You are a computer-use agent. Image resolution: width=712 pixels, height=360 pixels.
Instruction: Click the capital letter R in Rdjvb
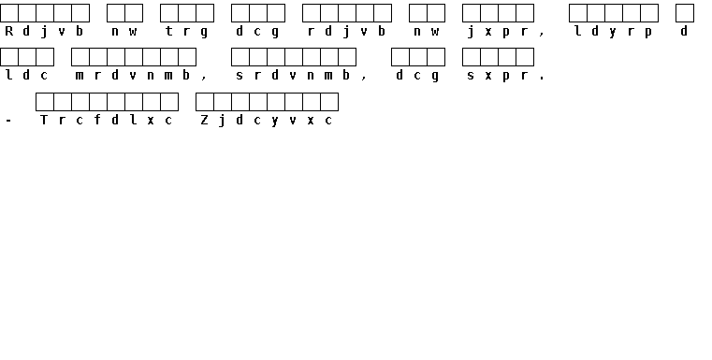(8, 31)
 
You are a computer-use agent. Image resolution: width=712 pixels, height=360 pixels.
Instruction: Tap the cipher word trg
(186, 31)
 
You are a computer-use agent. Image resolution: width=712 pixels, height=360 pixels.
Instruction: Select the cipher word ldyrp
(613, 31)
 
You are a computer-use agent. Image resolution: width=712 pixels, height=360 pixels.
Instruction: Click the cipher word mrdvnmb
(133, 75)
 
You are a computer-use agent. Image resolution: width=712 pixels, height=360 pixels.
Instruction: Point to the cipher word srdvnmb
(293, 75)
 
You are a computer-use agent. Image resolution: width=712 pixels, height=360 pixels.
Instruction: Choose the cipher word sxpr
(498, 76)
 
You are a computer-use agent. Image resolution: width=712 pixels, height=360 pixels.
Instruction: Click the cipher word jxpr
(498, 32)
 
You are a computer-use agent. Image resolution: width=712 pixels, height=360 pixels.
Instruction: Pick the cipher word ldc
(26, 75)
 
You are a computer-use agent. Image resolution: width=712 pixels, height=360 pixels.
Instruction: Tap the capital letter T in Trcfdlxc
(44, 120)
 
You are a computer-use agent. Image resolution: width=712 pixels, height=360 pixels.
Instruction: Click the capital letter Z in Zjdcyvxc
(204, 120)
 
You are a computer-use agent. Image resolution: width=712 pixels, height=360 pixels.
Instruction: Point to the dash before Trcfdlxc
(8, 121)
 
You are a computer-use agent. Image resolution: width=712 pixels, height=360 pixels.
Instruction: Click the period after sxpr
(542, 79)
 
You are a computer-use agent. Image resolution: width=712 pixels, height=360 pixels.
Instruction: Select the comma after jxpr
(542, 34)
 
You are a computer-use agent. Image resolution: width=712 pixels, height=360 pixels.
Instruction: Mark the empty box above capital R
(9, 13)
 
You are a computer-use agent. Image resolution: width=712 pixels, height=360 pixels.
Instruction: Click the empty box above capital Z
(205, 102)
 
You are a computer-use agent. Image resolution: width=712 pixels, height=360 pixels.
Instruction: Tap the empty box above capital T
(45, 102)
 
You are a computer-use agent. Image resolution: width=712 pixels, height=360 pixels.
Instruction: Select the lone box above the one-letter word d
(685, 13)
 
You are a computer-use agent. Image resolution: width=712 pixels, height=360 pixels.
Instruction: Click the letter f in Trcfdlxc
(97, 120)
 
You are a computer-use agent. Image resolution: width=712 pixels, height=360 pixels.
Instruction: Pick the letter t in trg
(169, 31)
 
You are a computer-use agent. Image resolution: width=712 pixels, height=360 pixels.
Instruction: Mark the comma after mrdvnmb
(204, 79)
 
